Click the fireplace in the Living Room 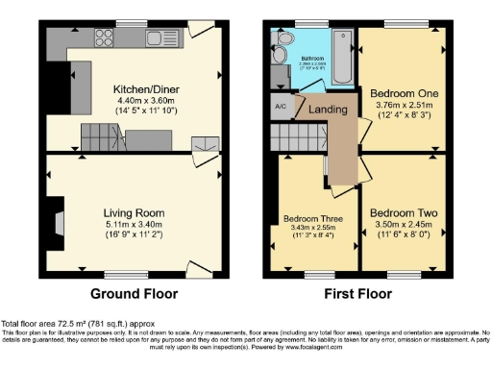click(x=61, y=222)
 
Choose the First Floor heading click(x=357, y=293)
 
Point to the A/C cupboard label click(x=281, y=106)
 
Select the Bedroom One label click(x=403, y=94)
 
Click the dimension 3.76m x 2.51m click(x=403, y=107)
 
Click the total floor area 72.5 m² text click(x=76, y=324)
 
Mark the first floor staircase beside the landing click(x=292, y=141)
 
